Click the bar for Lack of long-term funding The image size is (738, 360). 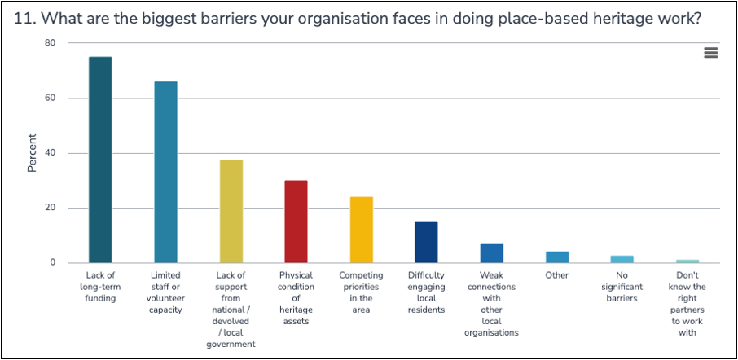pos(100,160)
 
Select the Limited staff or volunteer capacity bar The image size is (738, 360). pos(165,172)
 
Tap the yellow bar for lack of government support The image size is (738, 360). pos(231,211)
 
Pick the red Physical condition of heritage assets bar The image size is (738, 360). pos(296,222)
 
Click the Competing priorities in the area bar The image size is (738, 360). pos(361,230)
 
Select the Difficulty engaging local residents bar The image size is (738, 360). pos(426,242)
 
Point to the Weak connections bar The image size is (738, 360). pos(491,253)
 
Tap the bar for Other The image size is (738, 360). pos(557,257)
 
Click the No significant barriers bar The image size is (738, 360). pos(622,259)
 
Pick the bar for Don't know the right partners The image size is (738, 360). pos(687,261)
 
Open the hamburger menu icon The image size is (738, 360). pos(710,53)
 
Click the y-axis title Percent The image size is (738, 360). pos(33,153)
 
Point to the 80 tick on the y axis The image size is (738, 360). pos(50,43)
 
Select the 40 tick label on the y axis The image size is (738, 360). pos(50,153)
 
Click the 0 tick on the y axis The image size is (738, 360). pos(52,263)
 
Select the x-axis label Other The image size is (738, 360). pos(557,275)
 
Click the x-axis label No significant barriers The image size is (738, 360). pos(622,287)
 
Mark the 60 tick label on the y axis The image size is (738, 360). pos(50,99)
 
